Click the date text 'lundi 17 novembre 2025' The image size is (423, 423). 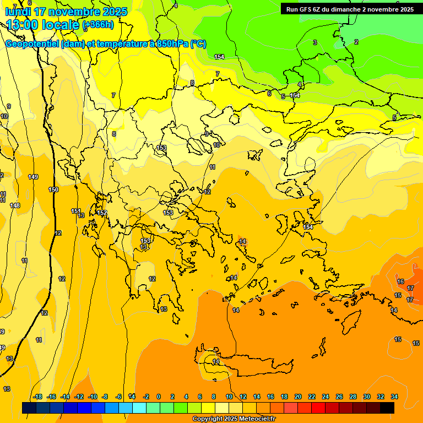pyautogui.click(x=66, y=12)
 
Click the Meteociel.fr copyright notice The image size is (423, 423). pyautogui.click(x=234, y=419)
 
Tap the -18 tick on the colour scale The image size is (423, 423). pyautogui.click(x=38, y=397)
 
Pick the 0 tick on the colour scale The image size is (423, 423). pyautogui.click(x=159, y=397)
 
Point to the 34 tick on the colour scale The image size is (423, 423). pyautogui.click(x=394, y=397)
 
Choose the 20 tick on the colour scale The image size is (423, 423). pyautogui.click(x=298, y=397)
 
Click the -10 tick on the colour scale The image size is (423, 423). pyautogui.click(x=93, y=397)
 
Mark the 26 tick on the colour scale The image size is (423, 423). pyautogui.click(x=339, y=397)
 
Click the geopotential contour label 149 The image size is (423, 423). pyautogui.click(x=33, y=177)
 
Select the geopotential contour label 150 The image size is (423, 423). pyautogui.click(x=53, y=189)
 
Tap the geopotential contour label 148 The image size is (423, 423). pyautogui.click(x=15, y=205)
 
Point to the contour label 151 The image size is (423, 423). pyautogui.click(x=76, y=211)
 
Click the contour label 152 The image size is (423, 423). pyautogui.click(x=102, y=213)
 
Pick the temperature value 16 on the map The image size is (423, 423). pyautogui.click(x=400, y=281)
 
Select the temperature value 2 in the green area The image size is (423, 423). pyautogui.click(x=356, y=42)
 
